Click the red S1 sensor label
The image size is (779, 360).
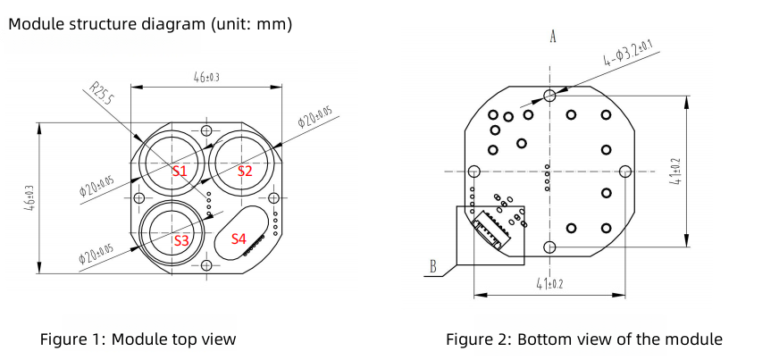(x=180, y=171)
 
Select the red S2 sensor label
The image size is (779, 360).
(x=246, y=170)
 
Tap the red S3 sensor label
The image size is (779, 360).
(x=181, y=240)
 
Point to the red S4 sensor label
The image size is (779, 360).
(x=239, y=239)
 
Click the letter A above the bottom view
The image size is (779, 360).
(x=553, y=37)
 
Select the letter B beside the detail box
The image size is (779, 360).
(x=433, y=265)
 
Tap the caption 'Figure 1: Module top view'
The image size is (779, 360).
(x=138, y=339)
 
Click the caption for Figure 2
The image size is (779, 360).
(x=583, y=339)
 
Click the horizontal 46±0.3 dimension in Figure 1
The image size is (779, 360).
(x=206, y=78)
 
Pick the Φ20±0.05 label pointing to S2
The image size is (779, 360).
(x=314, y=116)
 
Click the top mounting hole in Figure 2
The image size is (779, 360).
(x=550, y=94)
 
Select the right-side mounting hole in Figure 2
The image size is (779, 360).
(x=627, y=171)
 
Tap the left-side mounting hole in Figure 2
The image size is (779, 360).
(x=473, y=171)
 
